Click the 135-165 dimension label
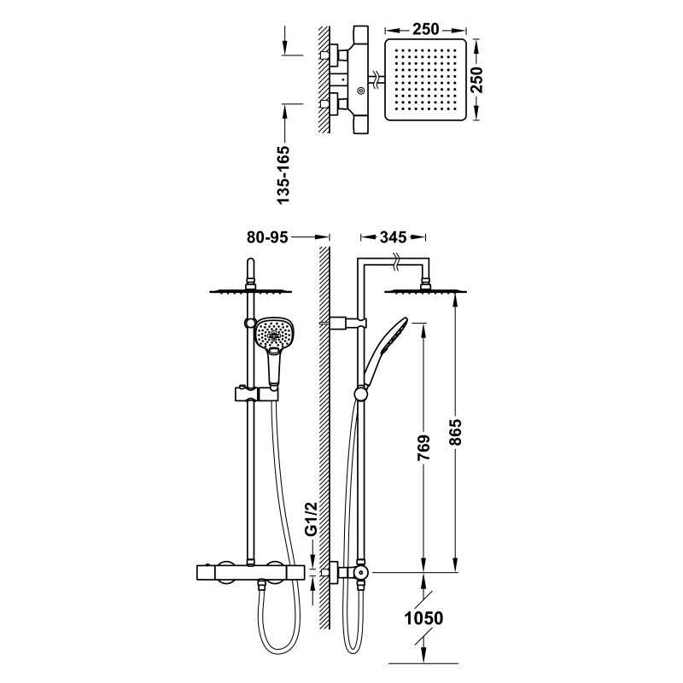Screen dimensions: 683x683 (283, 175)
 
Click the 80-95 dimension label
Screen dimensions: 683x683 (267, 237)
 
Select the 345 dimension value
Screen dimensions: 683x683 (393, 237)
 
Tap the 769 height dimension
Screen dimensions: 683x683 (423, 447)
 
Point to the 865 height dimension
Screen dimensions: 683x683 (454, 432)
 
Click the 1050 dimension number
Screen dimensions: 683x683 (423, 617)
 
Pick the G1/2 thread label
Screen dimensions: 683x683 (311, 519)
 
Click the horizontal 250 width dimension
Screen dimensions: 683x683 (425, 29)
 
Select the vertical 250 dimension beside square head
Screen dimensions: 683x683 (478, 79)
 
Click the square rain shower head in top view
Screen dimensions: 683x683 (425, 79)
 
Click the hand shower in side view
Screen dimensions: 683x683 (384, 348)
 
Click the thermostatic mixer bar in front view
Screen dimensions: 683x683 (249, 572)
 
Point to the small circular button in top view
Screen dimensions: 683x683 (360, 90)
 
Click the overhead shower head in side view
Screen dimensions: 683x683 (425, 290)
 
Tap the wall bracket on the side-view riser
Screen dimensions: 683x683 (347, 323)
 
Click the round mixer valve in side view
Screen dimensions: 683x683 (360, 572)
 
